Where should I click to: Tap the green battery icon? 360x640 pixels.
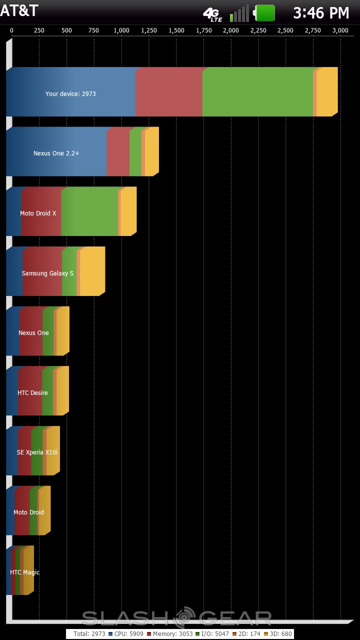[265, 13]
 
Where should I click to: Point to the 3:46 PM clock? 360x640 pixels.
[321, 13]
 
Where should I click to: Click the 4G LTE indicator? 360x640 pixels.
[212, 14]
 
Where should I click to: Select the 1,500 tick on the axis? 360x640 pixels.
[176, 30]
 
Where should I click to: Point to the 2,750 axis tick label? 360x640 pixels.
[313, 30]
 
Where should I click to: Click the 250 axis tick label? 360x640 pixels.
[39, 30]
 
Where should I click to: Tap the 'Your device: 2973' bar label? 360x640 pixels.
[70, 94]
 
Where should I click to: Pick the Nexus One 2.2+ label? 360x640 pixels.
[56, 153]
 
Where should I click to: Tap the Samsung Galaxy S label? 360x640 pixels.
[47, 273]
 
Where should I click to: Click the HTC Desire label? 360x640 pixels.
[32, 393]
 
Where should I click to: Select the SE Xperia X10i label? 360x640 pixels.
[37, 452]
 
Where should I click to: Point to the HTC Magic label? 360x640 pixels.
[24, 572]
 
